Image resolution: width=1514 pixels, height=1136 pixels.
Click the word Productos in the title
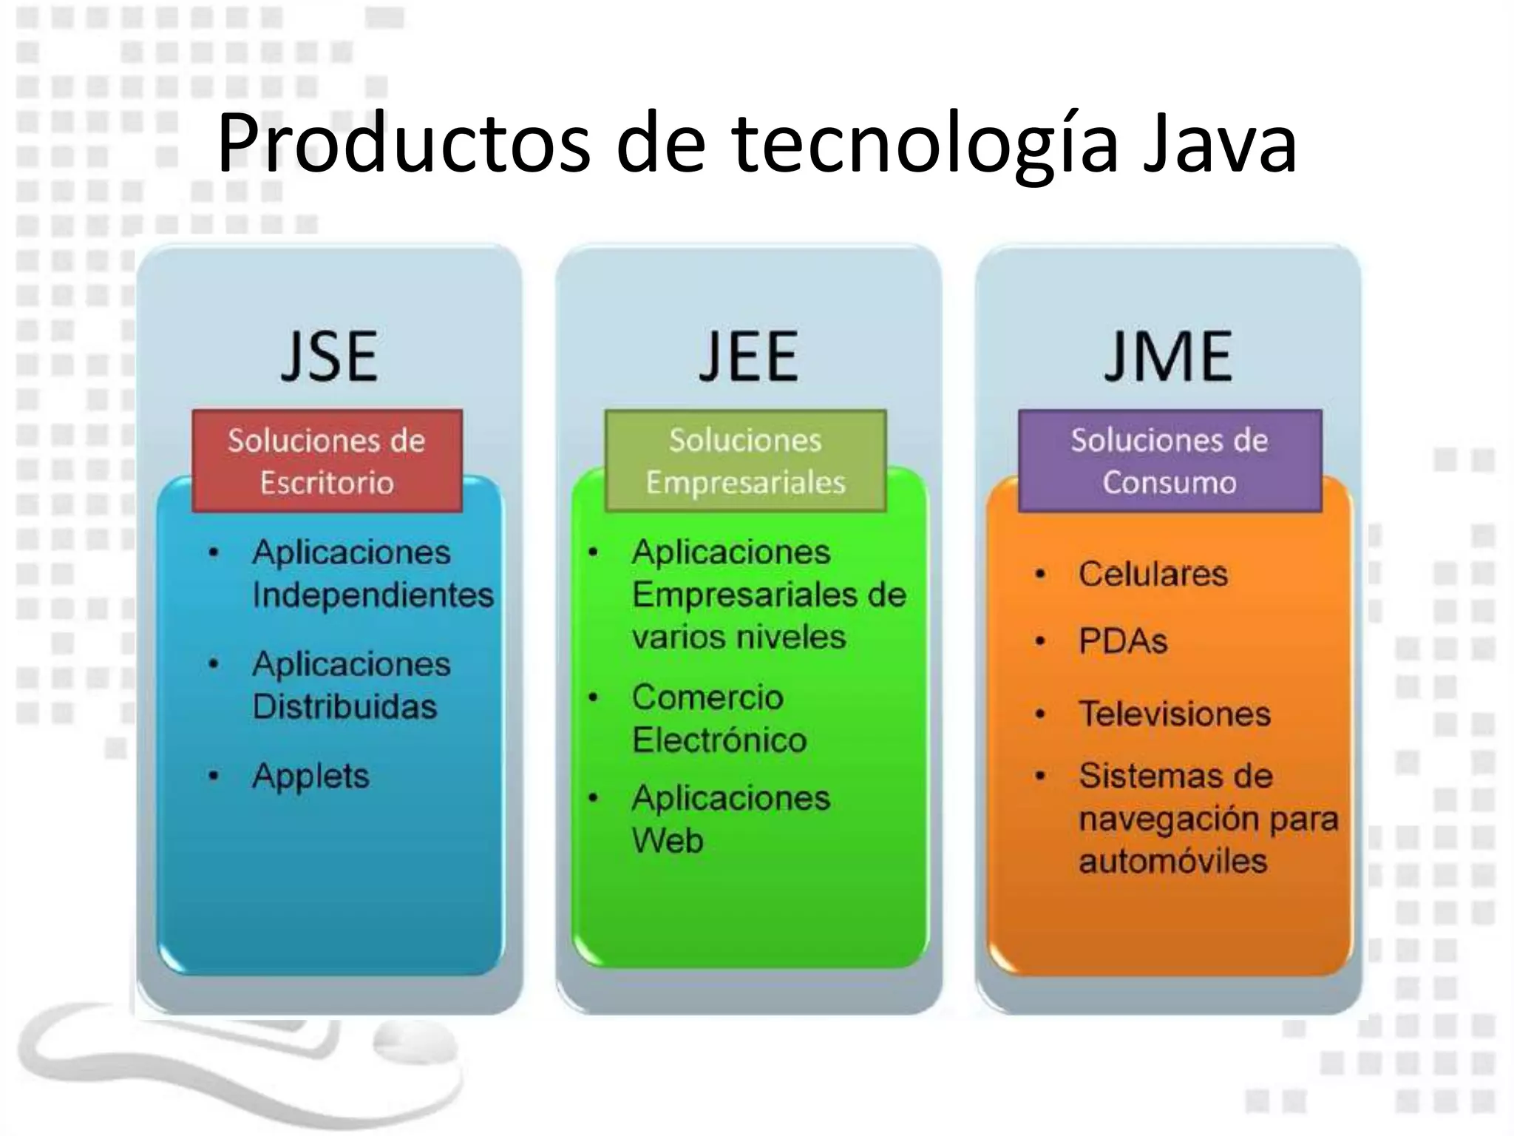[x=404, y=145]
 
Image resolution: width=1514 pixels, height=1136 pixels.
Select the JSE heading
[x=330, y=357]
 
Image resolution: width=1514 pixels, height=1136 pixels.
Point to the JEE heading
[x=748, y=357]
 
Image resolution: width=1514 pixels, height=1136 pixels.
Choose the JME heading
[x=1168, y=357]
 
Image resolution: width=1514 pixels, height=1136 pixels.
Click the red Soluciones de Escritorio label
[x=327, y=461]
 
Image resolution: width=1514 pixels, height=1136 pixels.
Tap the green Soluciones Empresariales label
[x=745, y=461]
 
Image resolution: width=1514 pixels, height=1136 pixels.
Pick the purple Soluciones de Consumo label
[x=1170, y=461]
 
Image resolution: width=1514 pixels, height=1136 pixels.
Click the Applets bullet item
[x=310, y=777]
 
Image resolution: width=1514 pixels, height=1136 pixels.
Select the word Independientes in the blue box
[x=373, y=595]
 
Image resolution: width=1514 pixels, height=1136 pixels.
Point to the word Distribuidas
[x=344, y=707]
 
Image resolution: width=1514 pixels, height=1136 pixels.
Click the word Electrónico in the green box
[x=719, y=740]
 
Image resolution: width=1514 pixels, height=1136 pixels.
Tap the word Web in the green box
[x=668, y=841]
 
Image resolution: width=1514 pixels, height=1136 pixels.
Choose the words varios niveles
[x=739, y=638]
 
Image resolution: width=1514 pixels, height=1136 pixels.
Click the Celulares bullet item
[x=1153, y=575]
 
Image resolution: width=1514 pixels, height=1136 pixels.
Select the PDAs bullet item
[x=1123, y=641]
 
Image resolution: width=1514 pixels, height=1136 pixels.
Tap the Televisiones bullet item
[x=1175, y=714]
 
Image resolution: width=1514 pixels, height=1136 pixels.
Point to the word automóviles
[x=1172, y=862]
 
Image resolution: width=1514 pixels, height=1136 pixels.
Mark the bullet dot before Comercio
[x=593, y=697]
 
